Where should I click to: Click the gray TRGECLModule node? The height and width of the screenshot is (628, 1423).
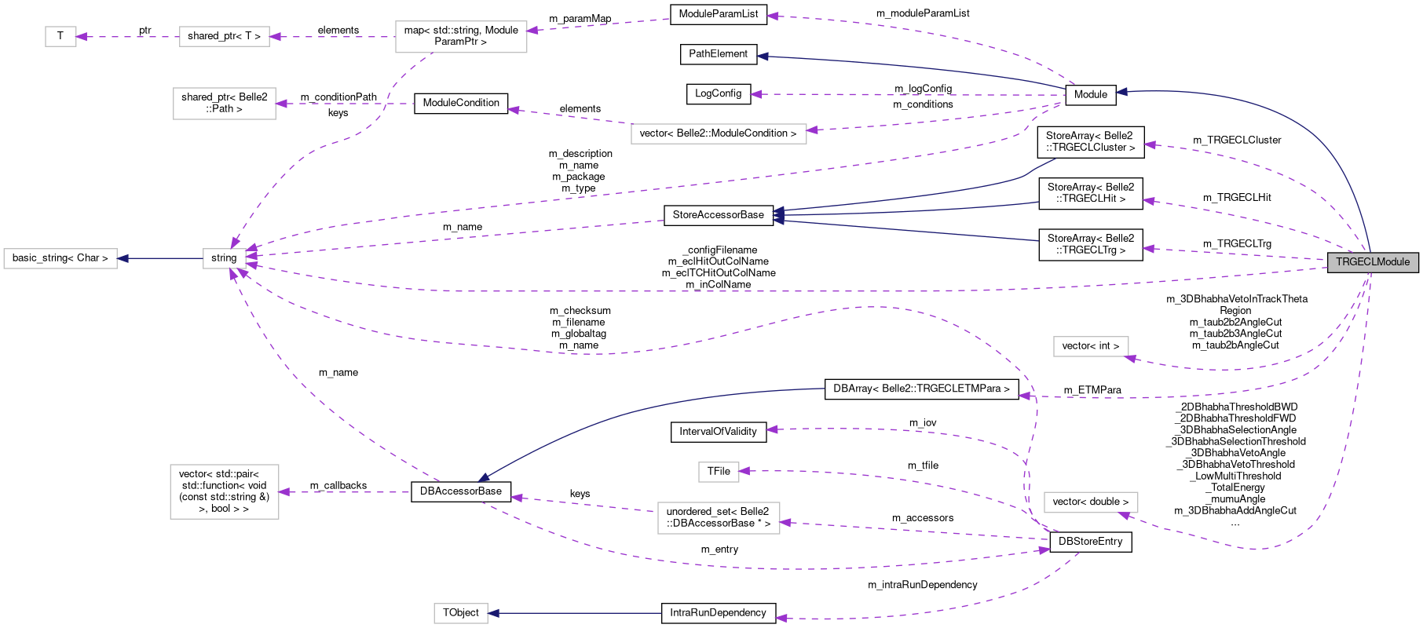[1373, 262]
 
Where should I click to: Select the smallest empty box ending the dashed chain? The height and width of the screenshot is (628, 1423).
[60, 37]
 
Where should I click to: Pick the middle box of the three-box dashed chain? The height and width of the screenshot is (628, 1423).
[224, 37]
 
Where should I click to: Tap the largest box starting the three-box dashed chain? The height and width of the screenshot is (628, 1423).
[461, 37]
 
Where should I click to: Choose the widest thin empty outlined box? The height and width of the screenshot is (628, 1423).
[719, 134]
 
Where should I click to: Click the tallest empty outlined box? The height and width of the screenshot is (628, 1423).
[225, 492]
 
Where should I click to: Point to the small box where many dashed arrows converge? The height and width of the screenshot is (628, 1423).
[224, 258]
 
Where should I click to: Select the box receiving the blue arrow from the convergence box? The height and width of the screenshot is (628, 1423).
[60, 258]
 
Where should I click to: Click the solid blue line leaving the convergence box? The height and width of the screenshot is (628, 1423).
[161, 258]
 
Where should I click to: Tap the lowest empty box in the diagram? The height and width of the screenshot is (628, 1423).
[461, 613]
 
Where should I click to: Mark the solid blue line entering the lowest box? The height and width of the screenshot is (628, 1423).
[573, 613]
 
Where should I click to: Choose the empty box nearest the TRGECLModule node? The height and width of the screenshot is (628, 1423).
[1091, 346]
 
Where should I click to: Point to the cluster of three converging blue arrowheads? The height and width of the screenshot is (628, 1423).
[778, 214]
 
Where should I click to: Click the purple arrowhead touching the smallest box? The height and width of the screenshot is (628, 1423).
[81, 37]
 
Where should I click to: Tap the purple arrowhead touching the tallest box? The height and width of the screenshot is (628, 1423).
[284, 492]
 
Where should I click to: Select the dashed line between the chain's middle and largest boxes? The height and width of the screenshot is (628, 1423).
[330, 37]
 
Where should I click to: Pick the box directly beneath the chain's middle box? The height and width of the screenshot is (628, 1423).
[225, 104]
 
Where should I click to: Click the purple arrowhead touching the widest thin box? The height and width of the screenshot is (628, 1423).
[812, 130]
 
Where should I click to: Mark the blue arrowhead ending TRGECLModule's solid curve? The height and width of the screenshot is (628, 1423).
[1121, 92]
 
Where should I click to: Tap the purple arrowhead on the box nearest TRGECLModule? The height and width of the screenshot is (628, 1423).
[1131, 359]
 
